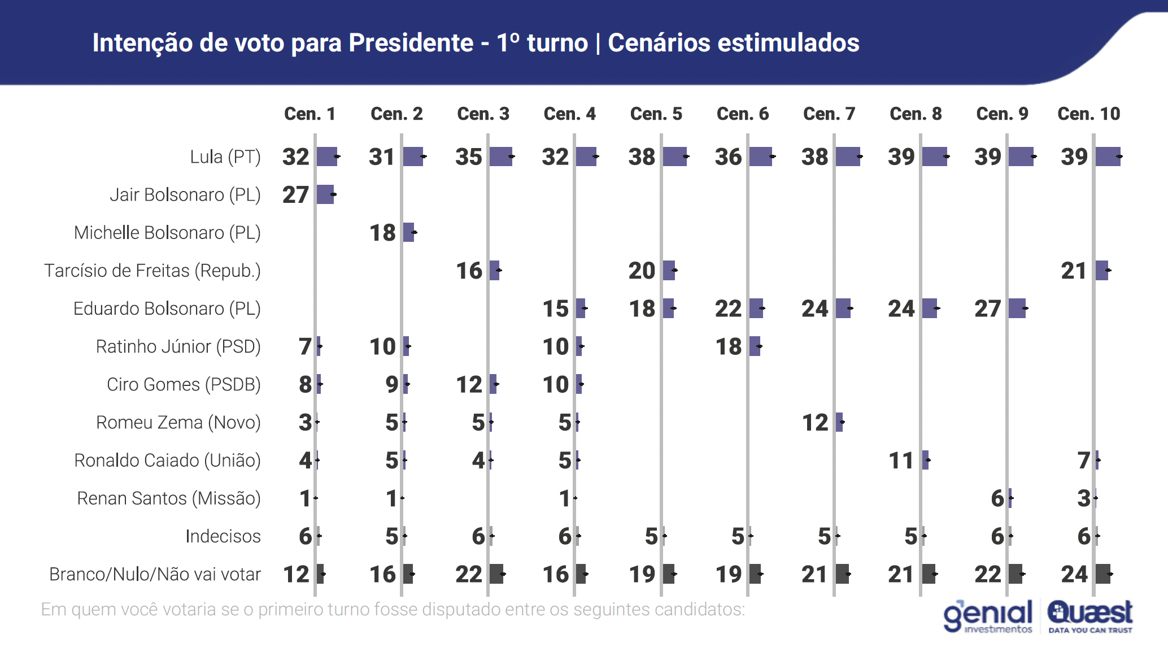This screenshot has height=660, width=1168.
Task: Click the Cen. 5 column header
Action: pos(656,114)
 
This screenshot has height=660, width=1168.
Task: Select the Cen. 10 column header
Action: pos(1088,114)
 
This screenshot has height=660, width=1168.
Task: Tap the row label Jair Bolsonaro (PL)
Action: pos(185,194)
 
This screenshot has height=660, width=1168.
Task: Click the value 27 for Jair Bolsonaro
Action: pos(295,194)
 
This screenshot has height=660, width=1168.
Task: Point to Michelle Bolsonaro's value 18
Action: pos(382,232)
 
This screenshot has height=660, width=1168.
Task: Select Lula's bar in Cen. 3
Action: pos(500,157)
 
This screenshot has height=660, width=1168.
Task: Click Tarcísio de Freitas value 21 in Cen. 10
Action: pos(1074,271)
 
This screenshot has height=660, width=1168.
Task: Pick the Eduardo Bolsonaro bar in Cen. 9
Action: pos(1017,309)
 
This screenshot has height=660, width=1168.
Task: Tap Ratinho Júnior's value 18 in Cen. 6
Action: pos(728,346)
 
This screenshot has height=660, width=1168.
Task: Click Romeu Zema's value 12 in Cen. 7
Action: pos(815,422)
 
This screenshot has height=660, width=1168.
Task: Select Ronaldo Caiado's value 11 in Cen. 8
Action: pos(901,460)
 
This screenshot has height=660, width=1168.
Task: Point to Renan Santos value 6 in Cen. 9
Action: pos(997,498)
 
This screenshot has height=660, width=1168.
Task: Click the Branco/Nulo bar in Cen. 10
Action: pos(1102,574)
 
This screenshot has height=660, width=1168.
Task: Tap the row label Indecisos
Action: pos(223,536)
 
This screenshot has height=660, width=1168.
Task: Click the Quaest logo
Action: pos(1090,616)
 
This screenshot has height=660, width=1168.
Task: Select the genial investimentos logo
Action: pos(988,616)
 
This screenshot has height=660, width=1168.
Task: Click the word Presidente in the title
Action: pos(411,43)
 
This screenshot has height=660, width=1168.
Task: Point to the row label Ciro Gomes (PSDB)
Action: pos(184,384)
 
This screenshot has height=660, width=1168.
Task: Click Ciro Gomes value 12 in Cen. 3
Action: pos(469,384)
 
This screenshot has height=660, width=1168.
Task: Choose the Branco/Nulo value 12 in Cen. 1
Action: pos(296,574)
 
